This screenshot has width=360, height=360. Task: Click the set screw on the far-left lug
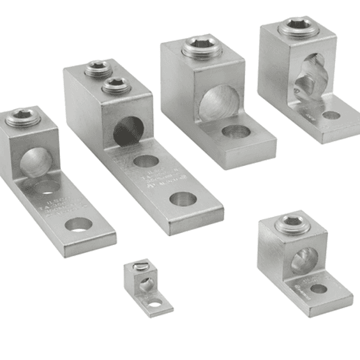19,117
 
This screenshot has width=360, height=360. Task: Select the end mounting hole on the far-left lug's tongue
79,224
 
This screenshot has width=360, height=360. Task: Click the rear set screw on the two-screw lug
98,68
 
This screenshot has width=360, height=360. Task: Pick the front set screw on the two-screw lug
116,84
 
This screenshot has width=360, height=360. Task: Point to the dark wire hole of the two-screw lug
128,130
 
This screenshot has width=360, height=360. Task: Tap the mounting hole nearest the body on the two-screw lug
146,161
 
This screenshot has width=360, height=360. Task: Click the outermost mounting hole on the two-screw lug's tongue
183,199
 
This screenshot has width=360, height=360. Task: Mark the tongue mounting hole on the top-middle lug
236,132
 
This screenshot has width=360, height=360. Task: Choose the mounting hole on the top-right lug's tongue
331,116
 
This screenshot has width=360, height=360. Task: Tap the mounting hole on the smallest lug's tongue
156,304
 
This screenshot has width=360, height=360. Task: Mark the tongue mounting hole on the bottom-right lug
318,289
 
